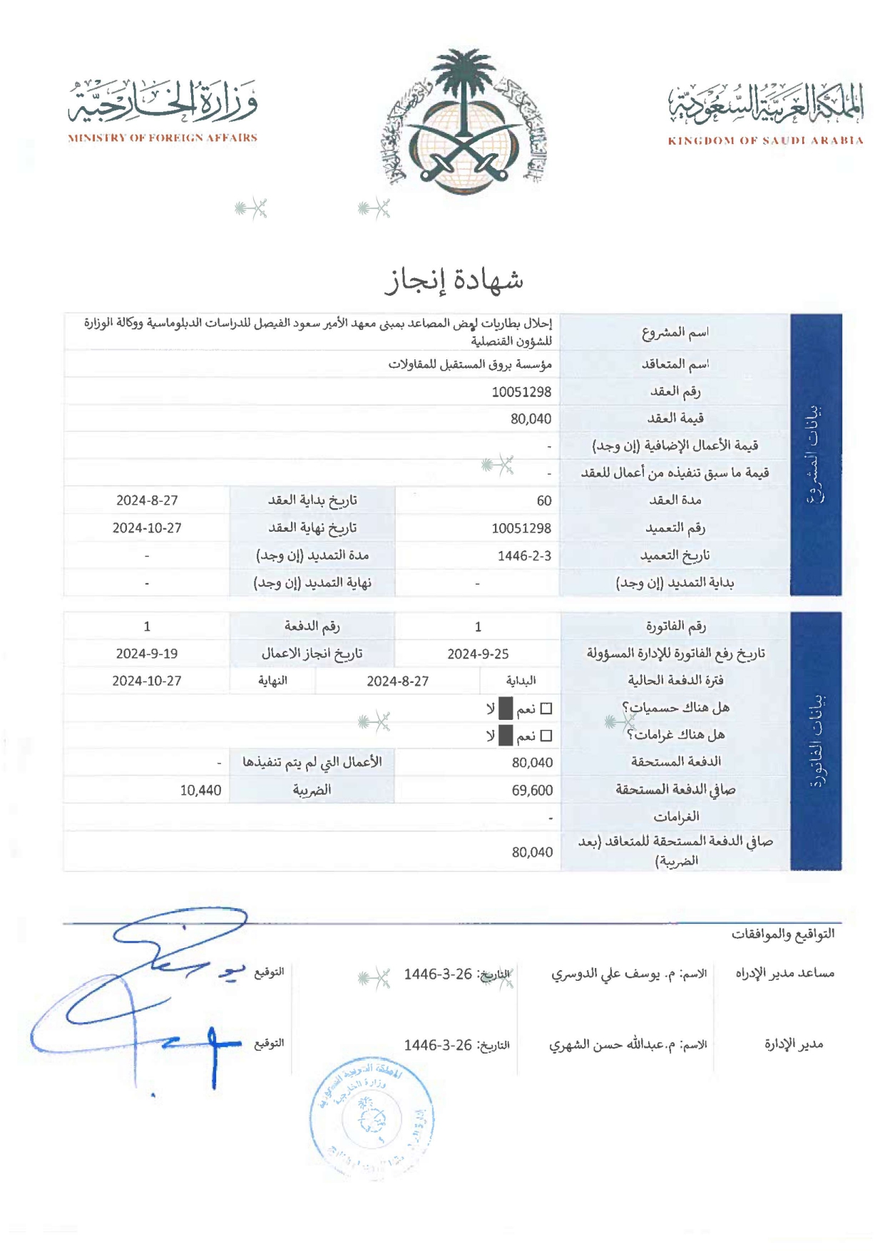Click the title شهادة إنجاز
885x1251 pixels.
coord(454,281)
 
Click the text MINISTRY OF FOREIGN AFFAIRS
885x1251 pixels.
coord(163,138)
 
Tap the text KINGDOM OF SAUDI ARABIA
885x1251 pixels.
coord(765,141)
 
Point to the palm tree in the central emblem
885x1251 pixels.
coord(464,86)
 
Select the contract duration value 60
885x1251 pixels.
coord(543,501)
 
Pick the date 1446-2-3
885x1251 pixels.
coord(524,556)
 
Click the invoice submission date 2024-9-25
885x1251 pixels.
coord(478,654)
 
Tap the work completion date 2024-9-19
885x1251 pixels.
coord(147,654)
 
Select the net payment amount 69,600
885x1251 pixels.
coord(532,791)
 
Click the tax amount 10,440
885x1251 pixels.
coord(200,791)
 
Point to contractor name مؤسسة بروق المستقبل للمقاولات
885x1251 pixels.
coord(470,365)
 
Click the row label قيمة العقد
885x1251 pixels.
coord(675,418)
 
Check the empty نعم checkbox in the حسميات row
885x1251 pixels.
coord(546,709)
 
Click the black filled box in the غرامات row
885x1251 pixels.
coord(506,736)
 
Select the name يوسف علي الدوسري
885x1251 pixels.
coord(605,974)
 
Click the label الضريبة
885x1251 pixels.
coord(312,790)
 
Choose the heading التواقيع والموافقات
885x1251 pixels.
coord(782,934)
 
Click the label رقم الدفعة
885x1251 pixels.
coord(312,627)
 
